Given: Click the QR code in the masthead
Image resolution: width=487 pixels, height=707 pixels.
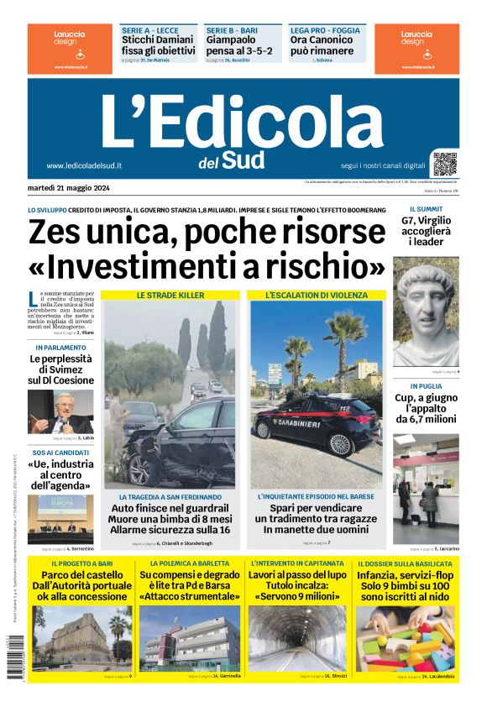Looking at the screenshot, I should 445,163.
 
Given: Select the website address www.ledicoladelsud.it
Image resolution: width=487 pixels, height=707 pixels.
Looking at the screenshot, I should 84,166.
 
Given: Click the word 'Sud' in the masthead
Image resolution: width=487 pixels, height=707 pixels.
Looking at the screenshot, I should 244,159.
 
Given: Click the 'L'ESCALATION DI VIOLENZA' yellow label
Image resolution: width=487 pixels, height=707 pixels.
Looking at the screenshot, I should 316,296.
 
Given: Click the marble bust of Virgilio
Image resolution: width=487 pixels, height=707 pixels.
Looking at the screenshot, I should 426,312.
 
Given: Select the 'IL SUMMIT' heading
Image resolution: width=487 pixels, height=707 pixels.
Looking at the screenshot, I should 426,208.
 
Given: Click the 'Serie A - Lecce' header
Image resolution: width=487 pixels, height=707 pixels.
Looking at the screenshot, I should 150,30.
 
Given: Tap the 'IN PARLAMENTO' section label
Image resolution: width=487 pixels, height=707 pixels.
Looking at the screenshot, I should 60,347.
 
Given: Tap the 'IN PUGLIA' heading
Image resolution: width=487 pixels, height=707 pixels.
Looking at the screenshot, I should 426,387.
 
